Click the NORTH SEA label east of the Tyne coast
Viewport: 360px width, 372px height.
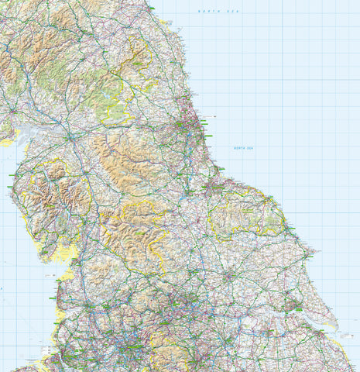tap(244, 148)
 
